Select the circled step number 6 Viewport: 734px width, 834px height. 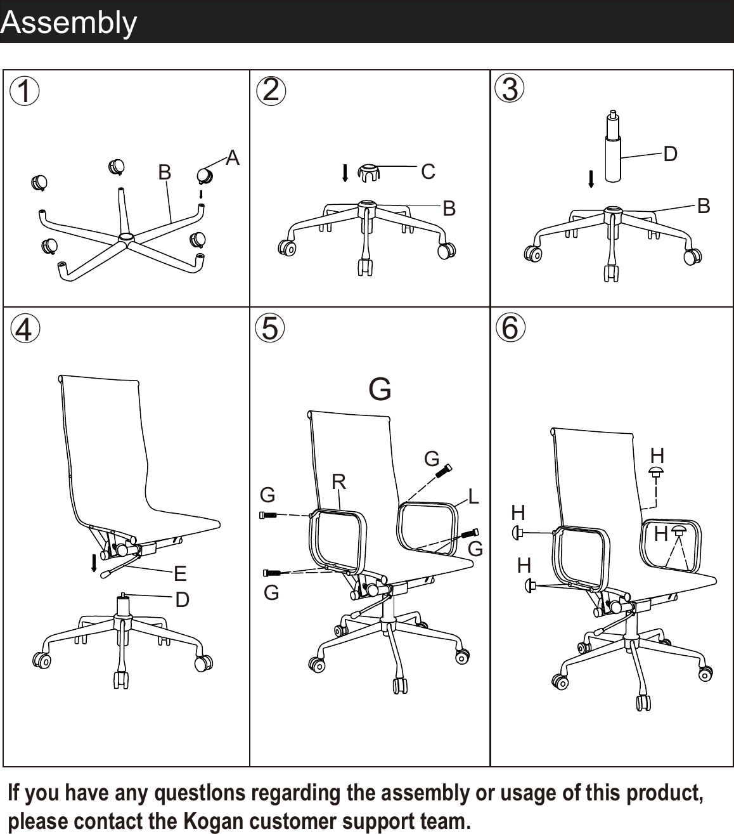(x=510, y=328)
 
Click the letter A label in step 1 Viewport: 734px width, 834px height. (x=233, y=158)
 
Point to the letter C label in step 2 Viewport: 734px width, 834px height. (x=428, y=171)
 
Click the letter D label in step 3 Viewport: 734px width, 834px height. (x=670, y=153)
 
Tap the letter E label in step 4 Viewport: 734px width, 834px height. (x=180, y=574)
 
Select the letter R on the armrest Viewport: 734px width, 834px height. (x=338, y=482)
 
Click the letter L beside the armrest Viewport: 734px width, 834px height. (x=473, y=496)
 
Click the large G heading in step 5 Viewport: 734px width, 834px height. (x=380, y=389)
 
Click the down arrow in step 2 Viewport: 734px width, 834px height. (x=345, y=173)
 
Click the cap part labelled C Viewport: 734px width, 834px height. (x=368, y=171)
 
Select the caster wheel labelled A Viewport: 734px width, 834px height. (x=205, y=176)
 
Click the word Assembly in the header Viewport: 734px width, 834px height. (x=68, y=22)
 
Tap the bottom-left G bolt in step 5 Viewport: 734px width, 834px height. (x=275, y=573)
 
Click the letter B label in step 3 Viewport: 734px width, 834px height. (x=703, y=205)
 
